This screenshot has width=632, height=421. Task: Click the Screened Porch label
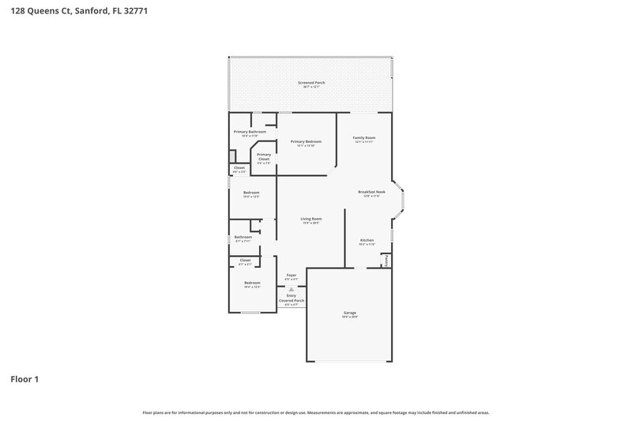click(x=311, y=83)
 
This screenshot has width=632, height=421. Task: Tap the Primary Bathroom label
click(x=249, y=132)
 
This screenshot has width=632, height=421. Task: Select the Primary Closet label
click(x=264, y=156)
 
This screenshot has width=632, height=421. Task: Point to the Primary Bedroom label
click(x=306, y=141)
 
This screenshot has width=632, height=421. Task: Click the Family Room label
click(x=363, y=138)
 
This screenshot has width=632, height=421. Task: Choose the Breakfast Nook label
click(x=371, y=192)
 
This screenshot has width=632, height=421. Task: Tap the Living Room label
click(x=310, y=219)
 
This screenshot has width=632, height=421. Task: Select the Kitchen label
click(x=367, y=240)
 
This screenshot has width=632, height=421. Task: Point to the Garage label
click(x=350, y=312)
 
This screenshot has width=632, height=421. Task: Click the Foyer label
click(x=292, y=275)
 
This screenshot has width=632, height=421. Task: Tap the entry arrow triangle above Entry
click(x=291, y=289)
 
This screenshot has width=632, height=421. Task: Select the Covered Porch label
click(x=292, y=301)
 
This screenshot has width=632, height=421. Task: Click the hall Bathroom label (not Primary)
click(x=243, y=237)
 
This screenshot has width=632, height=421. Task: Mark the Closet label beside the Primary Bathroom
click(x=239, y=167)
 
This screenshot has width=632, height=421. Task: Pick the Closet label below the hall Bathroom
click(x=245, y=260)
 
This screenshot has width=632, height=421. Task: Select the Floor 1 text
click(x=24, y=379)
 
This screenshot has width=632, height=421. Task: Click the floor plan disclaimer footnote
click(x=315, y=412)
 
